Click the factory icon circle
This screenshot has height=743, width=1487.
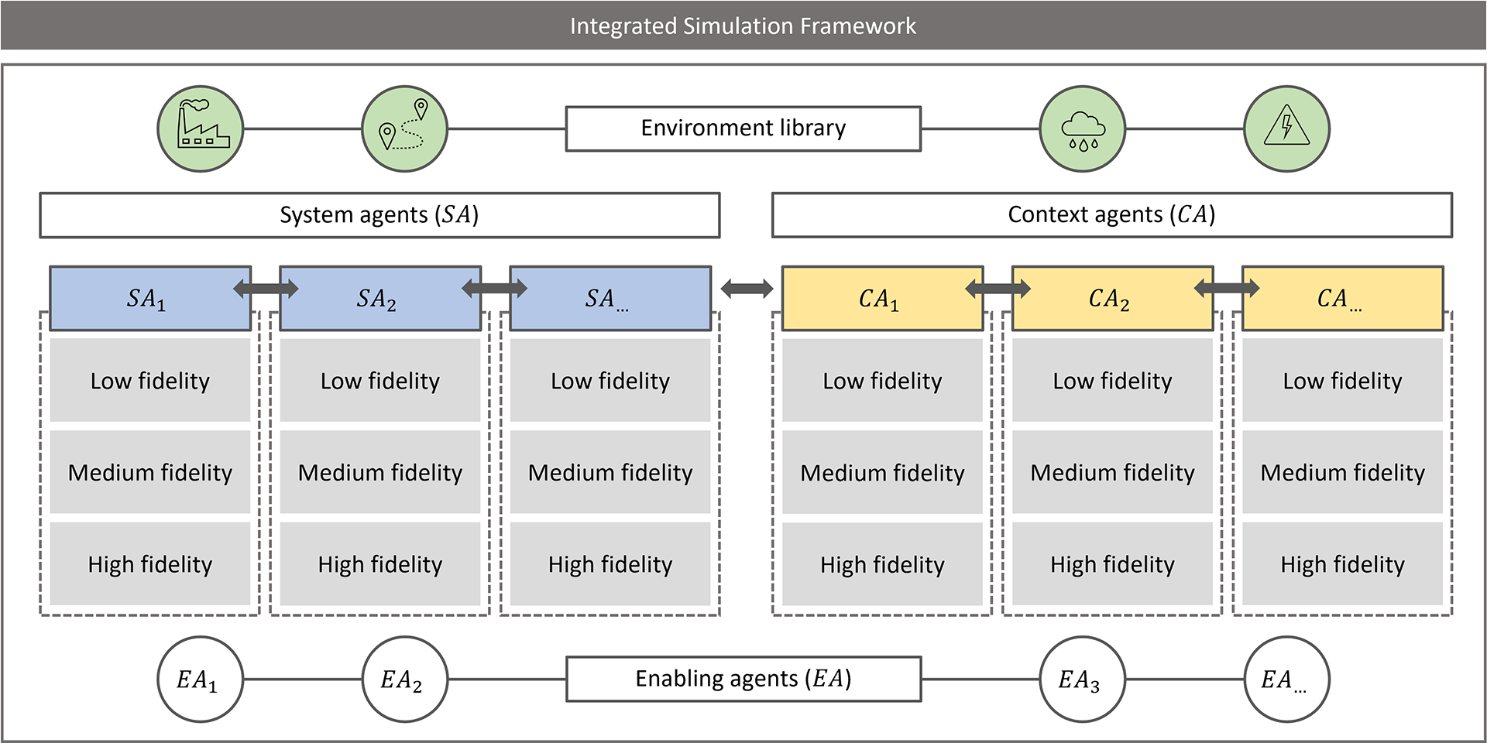(x=201, y=128)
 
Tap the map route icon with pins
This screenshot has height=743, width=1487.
(x=405, y=128)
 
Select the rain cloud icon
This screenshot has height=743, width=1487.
(x=1083, y=128)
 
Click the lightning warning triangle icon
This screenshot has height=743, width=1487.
(x=1287, y=128)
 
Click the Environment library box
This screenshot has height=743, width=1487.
(x=743, y=128)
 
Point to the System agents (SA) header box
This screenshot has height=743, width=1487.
(x=379, y=215)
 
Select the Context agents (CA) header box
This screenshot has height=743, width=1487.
(x=1112, y=215)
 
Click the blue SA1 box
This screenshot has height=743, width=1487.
(x=150, y=299)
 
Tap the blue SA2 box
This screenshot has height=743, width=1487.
(x=380, y=299)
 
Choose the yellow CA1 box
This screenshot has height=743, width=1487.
(x=882, y=299)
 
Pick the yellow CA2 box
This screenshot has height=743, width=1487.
(x=1113, y=299)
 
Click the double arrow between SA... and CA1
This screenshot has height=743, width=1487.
(x=747, y=289)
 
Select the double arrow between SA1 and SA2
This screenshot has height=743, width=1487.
(x=266, y=289)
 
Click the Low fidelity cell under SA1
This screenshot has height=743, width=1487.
(x=150, y=380)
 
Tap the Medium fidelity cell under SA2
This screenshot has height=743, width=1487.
(x=380, y=472)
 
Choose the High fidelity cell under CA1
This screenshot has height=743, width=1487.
(x=882, y=564)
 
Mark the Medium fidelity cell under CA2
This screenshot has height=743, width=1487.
(x=1113, y=472)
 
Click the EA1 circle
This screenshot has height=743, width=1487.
(x=201, y=680)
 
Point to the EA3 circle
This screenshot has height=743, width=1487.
(x=1083, y=680)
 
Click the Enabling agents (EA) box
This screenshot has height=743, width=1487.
(x=743, y=680)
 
